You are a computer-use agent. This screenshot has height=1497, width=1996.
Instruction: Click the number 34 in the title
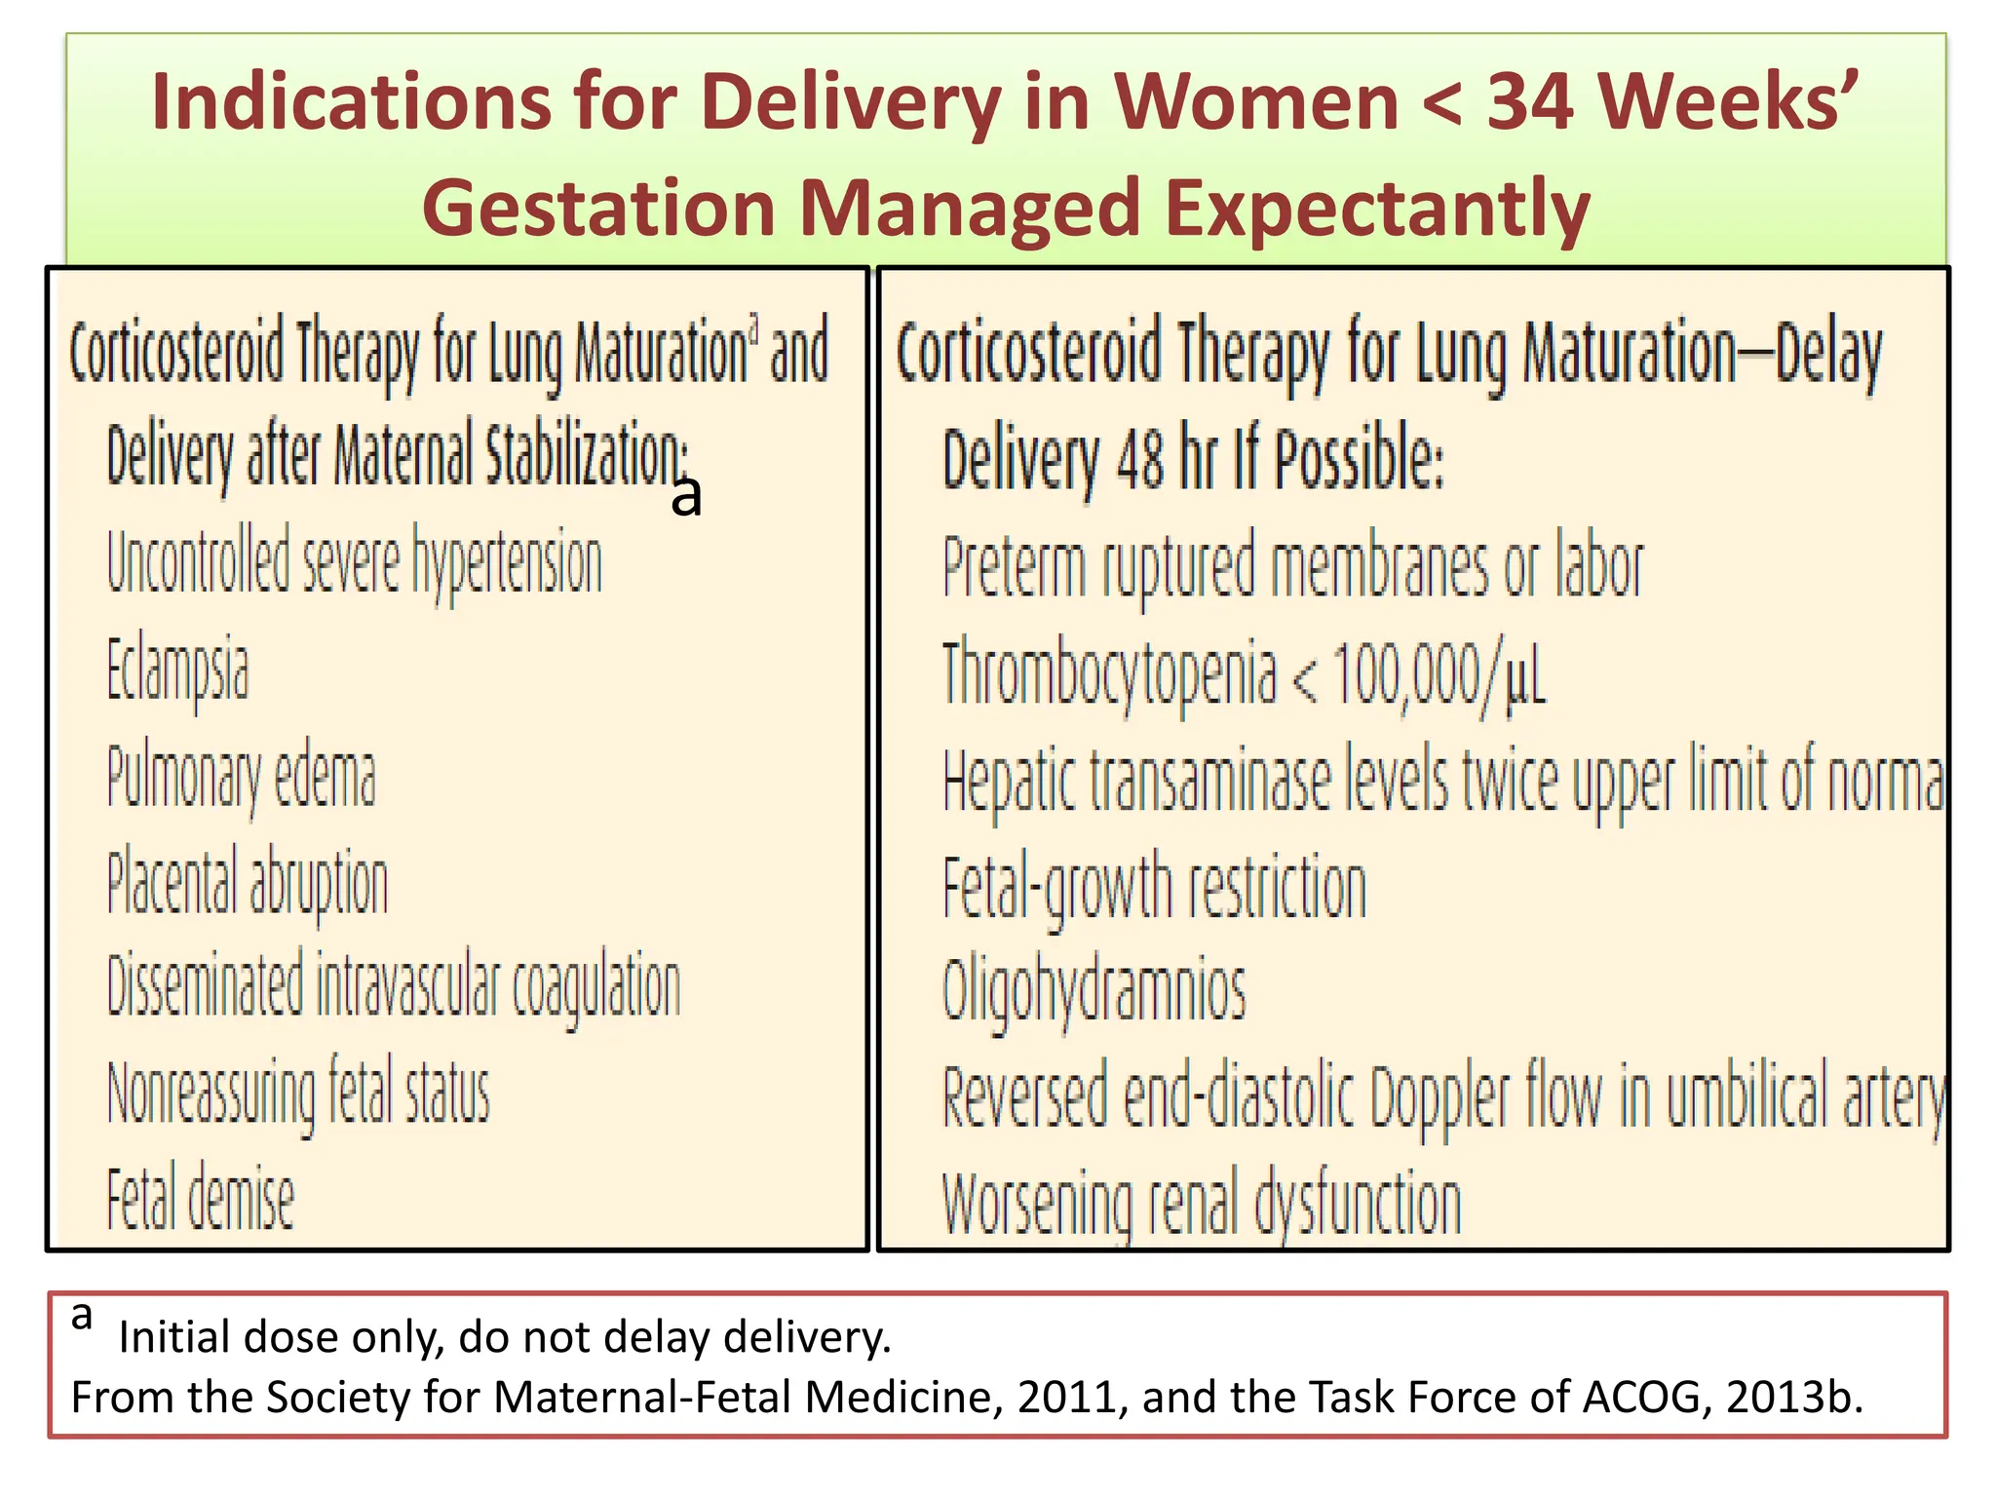click(1529, 101)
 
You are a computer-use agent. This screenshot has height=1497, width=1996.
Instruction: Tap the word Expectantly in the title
click(1377, 208)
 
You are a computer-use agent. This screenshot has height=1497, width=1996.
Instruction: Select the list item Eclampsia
click(177, 672)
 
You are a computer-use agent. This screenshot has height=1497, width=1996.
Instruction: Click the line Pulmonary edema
click(241, 779)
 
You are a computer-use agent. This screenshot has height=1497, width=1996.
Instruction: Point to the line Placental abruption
click(248, 884)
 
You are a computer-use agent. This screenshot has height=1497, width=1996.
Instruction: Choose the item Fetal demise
click(200, 1198)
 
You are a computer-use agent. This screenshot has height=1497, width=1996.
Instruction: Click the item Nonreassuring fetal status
click(298, 1094)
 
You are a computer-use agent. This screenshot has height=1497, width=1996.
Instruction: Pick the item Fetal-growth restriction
click(1154, 887)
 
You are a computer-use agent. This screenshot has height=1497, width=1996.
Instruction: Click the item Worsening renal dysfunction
click(1202, 1205)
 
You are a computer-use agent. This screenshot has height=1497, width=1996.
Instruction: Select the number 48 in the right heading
click(1139, 460)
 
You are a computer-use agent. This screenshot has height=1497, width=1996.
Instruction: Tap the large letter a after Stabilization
click(686, 497)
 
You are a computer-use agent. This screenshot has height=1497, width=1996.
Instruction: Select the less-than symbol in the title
click(1441, 103)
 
